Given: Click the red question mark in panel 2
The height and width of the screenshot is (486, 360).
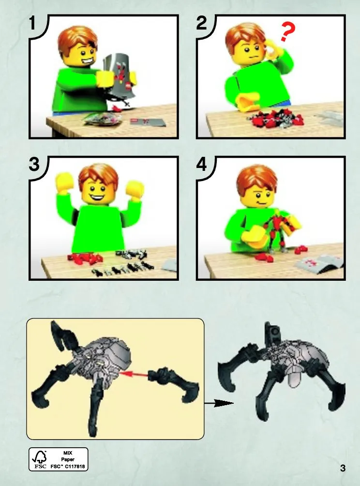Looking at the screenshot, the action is click(x=287, y=31).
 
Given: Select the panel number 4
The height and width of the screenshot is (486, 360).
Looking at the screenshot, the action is click(x=201, y=164).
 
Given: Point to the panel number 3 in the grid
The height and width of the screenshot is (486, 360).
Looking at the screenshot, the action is click(x=34, y=164).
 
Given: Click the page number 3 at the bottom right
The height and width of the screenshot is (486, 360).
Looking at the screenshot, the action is click(x=343, y=468).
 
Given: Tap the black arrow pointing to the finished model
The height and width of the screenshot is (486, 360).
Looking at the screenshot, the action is click(x=219, y=403).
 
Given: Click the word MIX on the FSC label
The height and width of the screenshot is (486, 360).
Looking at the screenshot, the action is click(x=68, y=453).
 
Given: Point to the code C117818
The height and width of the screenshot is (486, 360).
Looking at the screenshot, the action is click(x=75, y=466).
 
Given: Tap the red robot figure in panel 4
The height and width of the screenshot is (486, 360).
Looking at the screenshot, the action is click(x=278, y=231).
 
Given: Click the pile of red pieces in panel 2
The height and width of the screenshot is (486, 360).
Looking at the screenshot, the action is click(x=274, y=119).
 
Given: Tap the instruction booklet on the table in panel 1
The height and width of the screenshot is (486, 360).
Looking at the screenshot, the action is click(x=148, y=122).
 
